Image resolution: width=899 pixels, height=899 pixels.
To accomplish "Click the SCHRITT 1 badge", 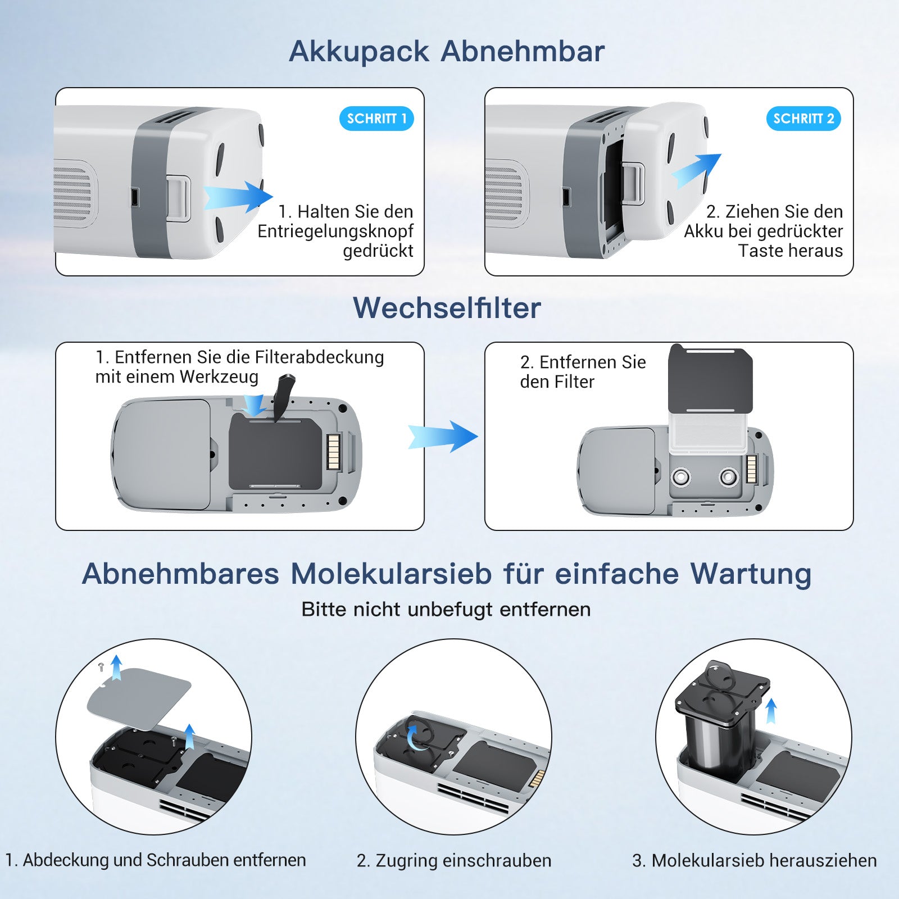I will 376,119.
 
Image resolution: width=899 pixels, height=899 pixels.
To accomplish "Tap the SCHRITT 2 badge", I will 803,119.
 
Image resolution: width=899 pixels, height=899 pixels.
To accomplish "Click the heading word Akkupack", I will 359,52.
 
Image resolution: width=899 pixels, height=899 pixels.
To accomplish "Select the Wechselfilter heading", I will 447,308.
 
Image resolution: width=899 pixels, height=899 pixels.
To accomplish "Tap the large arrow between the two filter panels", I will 443,437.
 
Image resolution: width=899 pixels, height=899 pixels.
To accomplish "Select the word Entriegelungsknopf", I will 335,231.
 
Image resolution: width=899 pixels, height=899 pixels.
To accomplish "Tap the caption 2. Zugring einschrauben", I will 454,860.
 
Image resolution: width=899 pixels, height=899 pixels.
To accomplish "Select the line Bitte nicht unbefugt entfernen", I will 446,610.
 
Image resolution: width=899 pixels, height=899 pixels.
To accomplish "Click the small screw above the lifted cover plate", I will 101,667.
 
